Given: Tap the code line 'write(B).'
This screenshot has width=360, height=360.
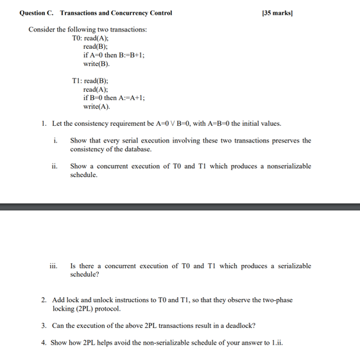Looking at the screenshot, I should [x=96, y=65].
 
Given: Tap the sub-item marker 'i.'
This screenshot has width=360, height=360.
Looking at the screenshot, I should [x=56, y=141].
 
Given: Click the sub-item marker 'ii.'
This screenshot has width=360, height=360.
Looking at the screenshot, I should [x=55, y=166].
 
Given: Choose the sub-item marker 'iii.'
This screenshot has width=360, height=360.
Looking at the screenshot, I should [x=54, y=265].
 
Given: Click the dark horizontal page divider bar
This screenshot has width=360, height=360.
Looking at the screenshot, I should [x=180, y=207].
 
